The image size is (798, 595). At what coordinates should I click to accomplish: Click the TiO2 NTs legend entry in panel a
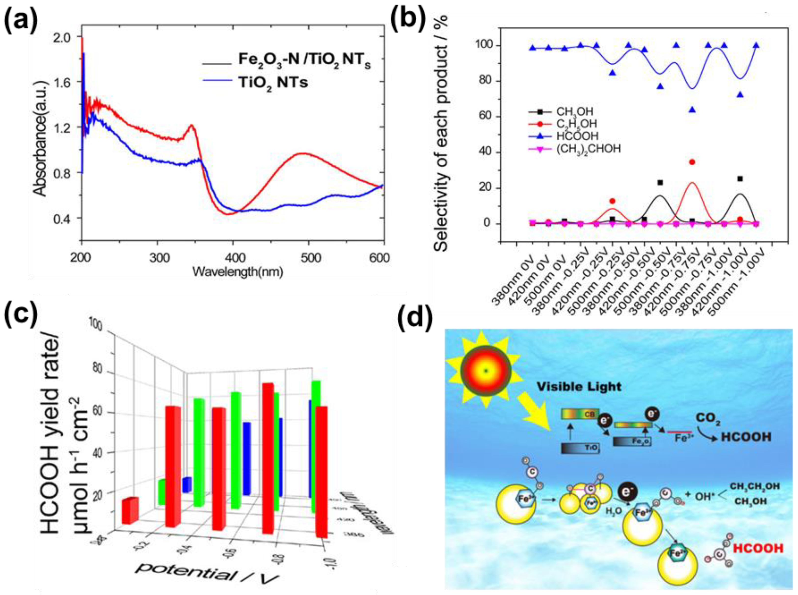(x=273, y=83)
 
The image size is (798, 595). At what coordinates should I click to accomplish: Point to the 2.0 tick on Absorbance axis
(x=62, y=37)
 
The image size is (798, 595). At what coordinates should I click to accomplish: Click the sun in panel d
(x=486, y=371)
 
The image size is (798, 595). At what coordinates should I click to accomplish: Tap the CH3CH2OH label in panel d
(x=755, y=486)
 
